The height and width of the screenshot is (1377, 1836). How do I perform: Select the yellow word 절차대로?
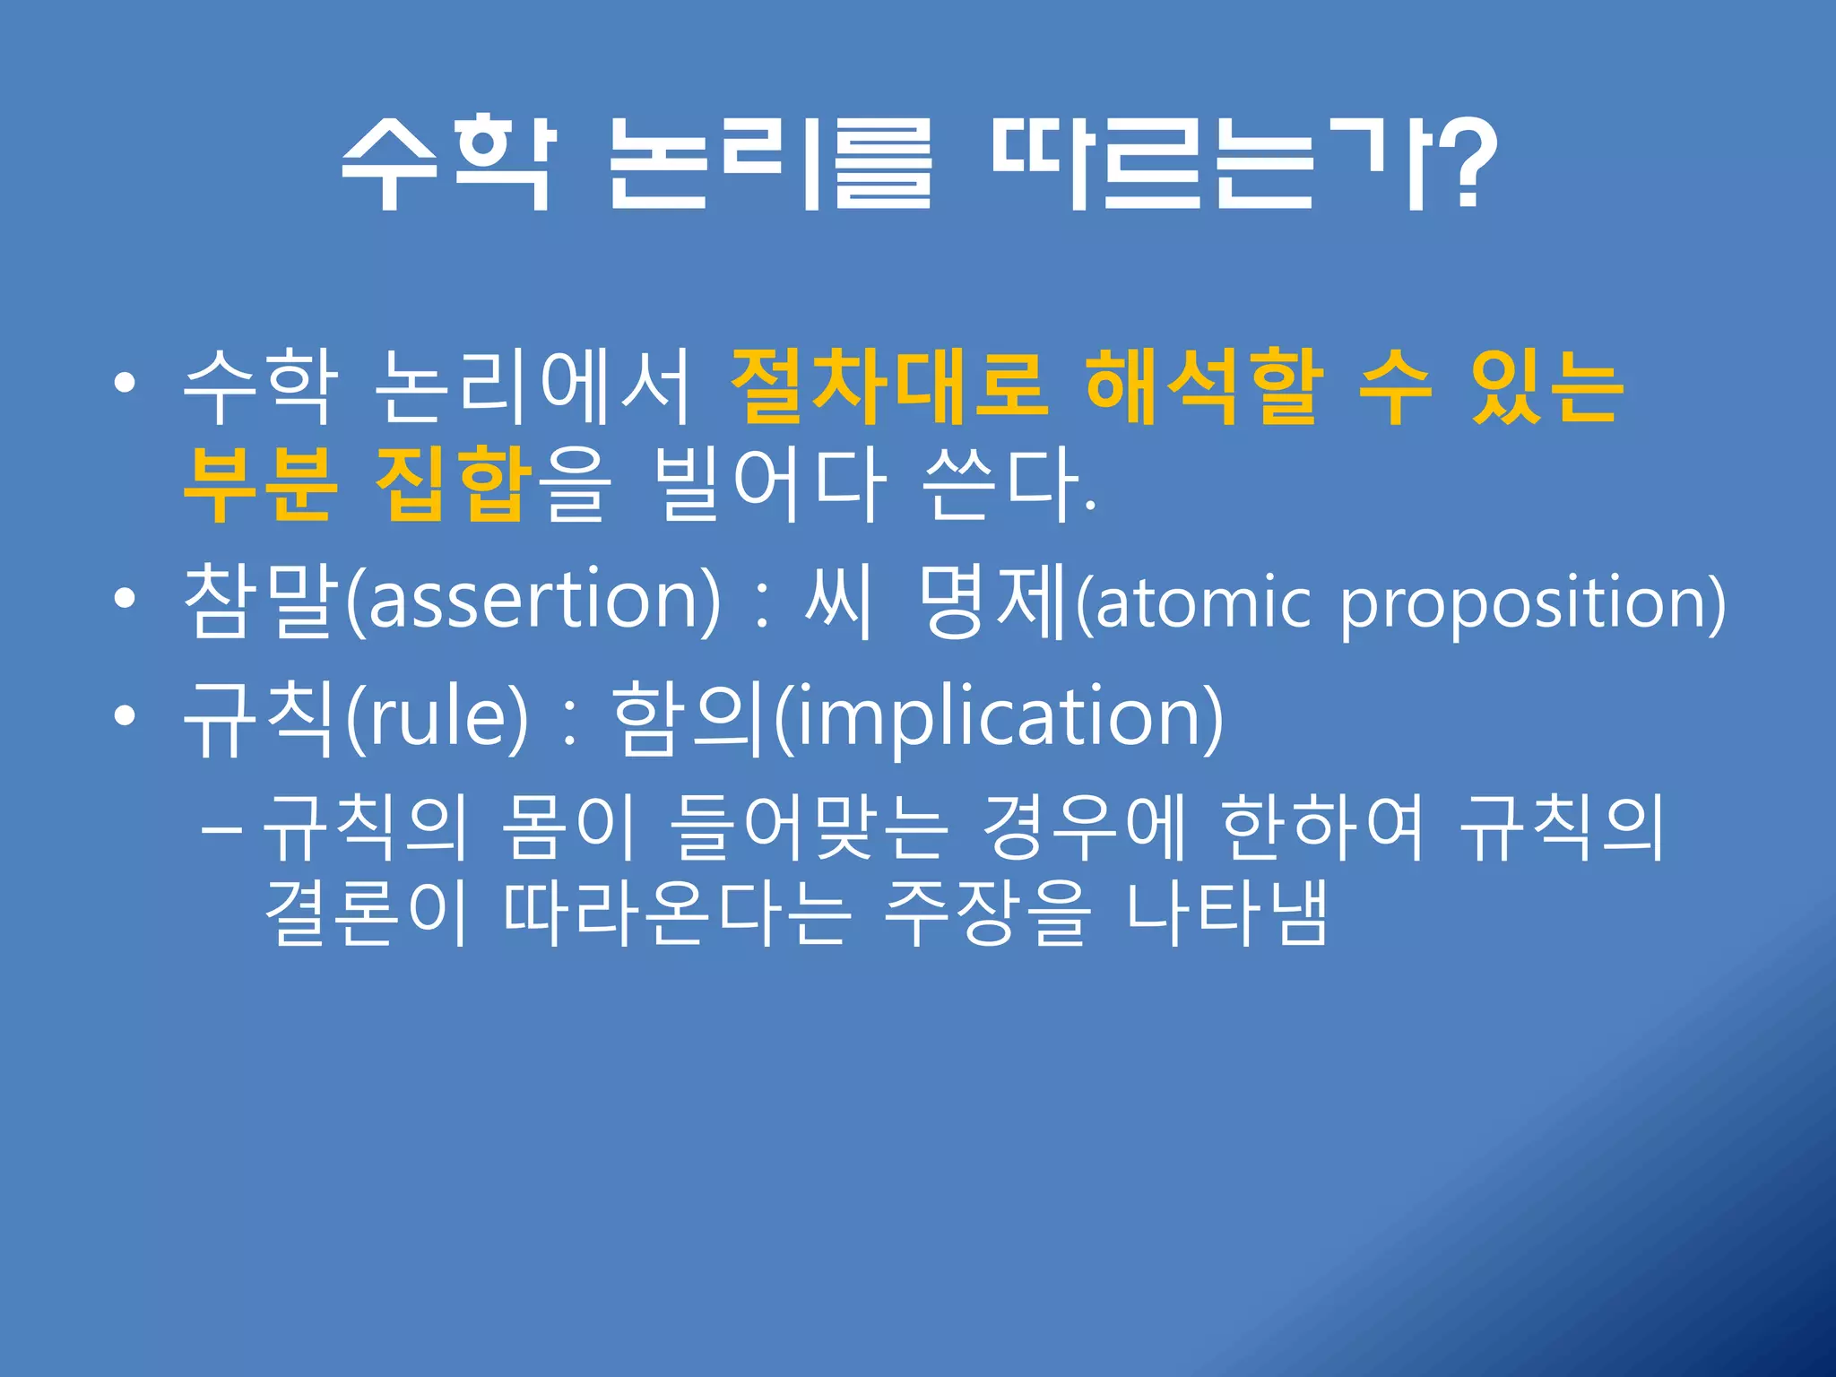pyautogui.click(x=888, y=386)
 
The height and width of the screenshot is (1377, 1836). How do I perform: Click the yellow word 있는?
pyautogui.click(x=1546, y=386)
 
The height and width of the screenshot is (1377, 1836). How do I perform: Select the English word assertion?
pyautogui.click(x=533, y=599)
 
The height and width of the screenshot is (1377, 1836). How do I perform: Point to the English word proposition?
pyautogui.click(x=1524, y=602)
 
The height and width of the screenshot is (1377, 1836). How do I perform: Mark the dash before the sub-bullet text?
pyautogui.click(x=221, y=830)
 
